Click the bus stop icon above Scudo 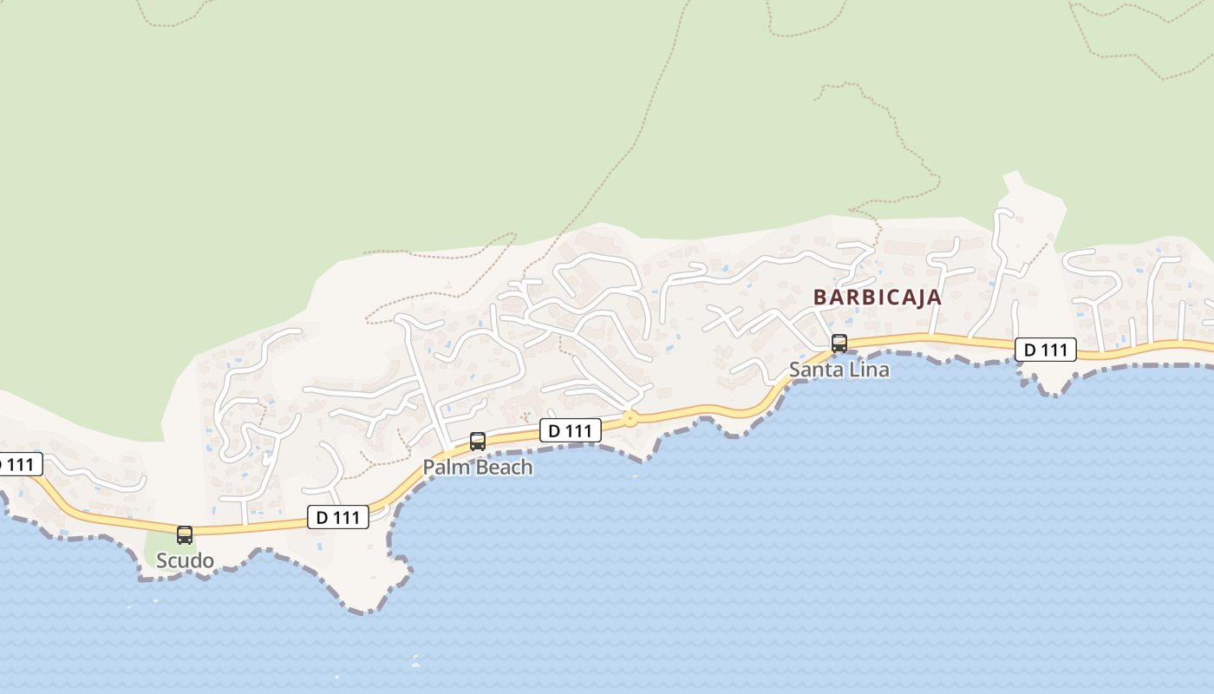pyautogui.click(x=185, y=534)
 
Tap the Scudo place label pyautogui.click(x=185, y=560)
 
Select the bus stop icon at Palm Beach pyautogui.click(x=477, y=441)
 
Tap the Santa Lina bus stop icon pyautogui.click(x=839, y=343)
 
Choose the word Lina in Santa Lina pyautogui.click(x=870, y=370)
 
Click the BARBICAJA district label pyautogui.click(x=877, y=297)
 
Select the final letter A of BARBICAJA pyautogui.click(x=935, y=297)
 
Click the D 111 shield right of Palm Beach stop pyautogui.click(x=570, y=429)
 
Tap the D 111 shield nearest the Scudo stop pyautogui.click(x=338, y=518)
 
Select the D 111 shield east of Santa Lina pyautogui.click(x=1045, y=350)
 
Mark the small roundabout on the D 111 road pyautogui.click(x=630, y=418)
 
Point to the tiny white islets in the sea pyautogui.click(x=415, y=662)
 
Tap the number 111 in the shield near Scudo pyautogui.click(x=346, y=518)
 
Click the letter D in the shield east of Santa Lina pyautogui.click(x=1030, y=350)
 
